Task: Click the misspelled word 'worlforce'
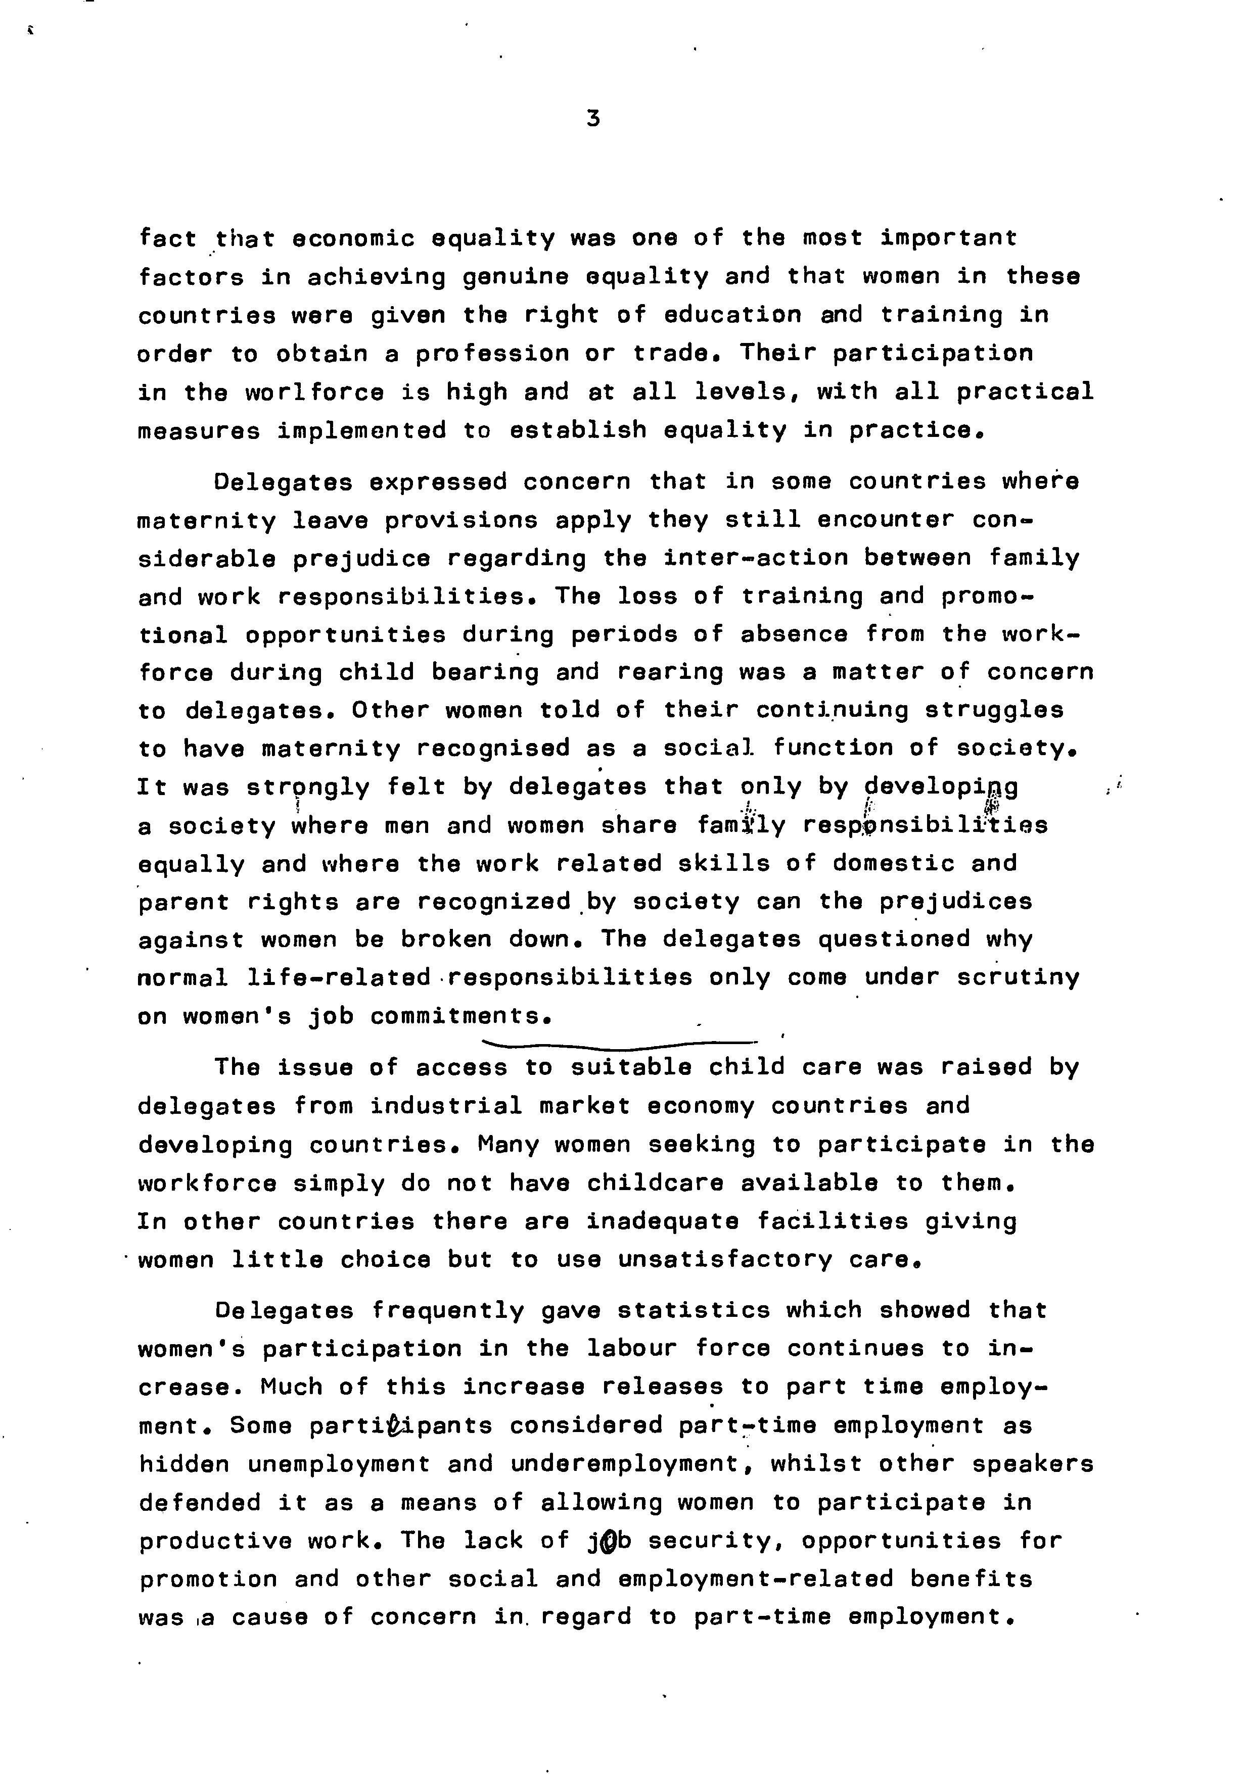click(314, 392)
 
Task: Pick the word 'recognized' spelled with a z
click(493, 902)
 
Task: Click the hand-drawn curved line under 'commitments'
click(619, 1045)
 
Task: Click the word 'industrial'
click(445, 1106)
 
